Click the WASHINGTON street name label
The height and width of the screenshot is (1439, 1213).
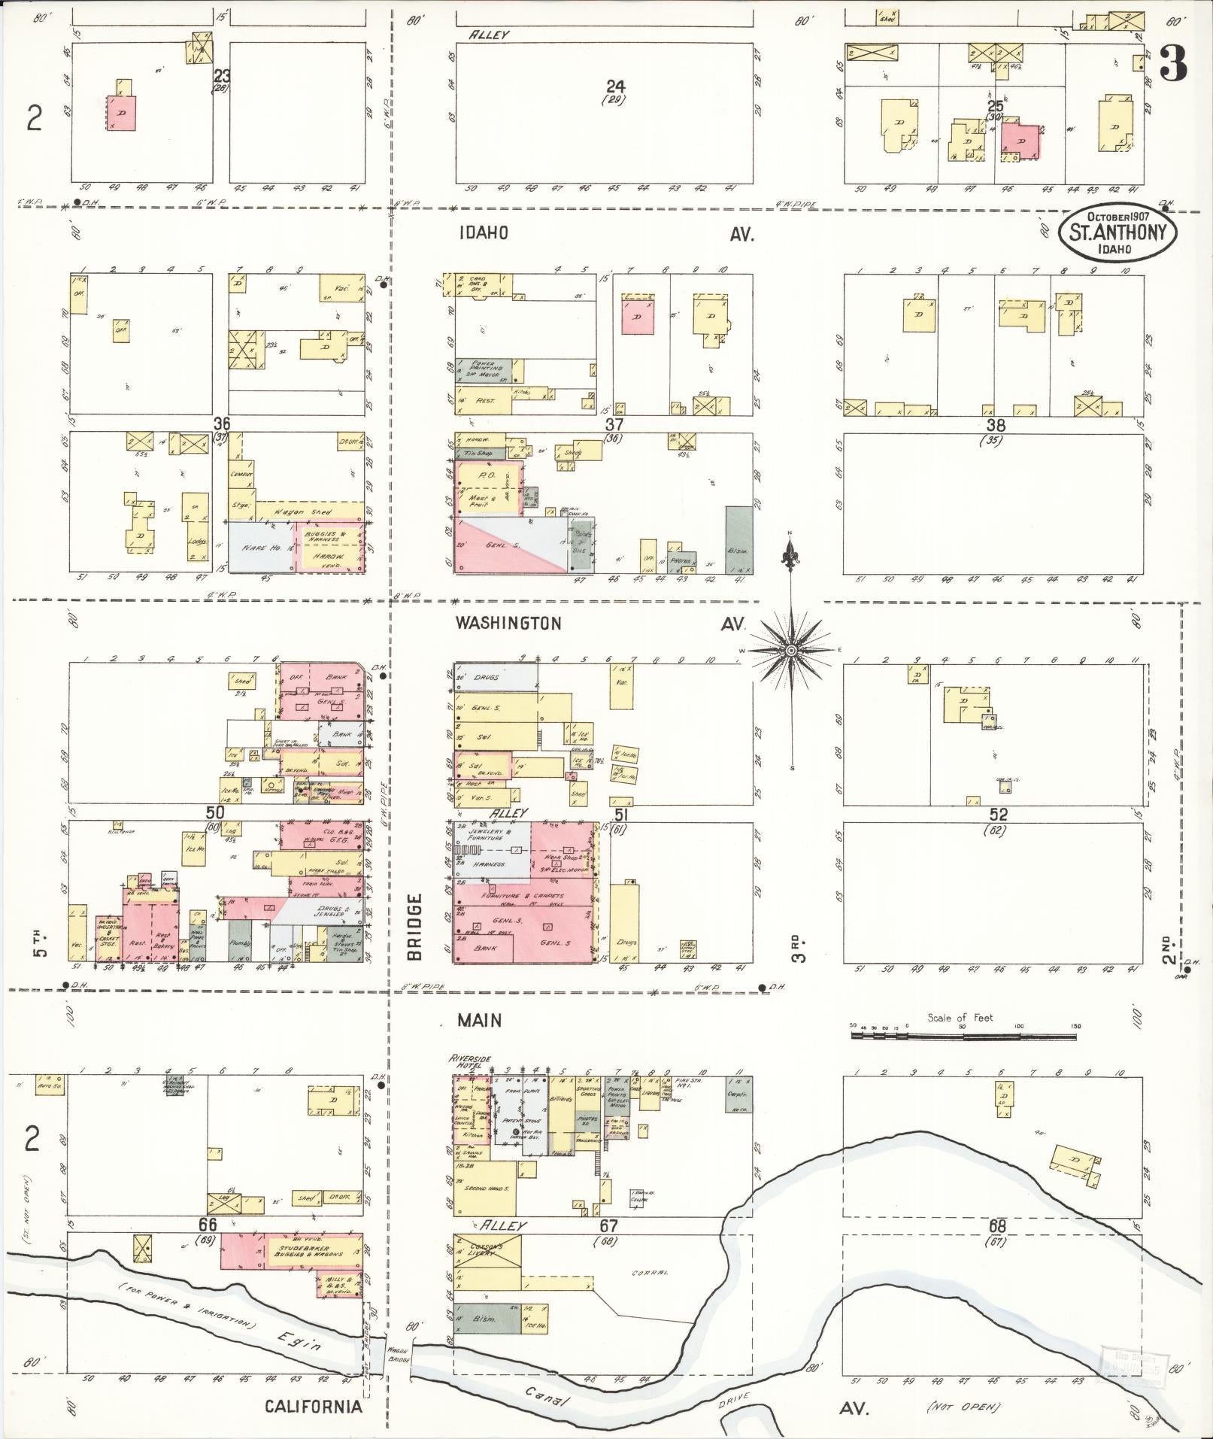pyautogui.click(x=509, y=624)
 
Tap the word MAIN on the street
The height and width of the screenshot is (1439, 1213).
pyautogui.click(x=481, y=1021)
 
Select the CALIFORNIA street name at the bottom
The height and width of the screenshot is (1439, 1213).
pyautogui.click(x=313, y=1407)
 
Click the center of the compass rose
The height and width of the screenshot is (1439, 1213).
pyautogui.click(x=791, y=650)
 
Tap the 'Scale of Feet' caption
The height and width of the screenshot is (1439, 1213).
pyautogui.click(x=960, y=1018)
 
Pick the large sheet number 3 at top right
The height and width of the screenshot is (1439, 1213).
pyautogui.click(x=1172, y=65)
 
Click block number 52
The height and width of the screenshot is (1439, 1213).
pyautogui.click(x=998, y=815)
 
